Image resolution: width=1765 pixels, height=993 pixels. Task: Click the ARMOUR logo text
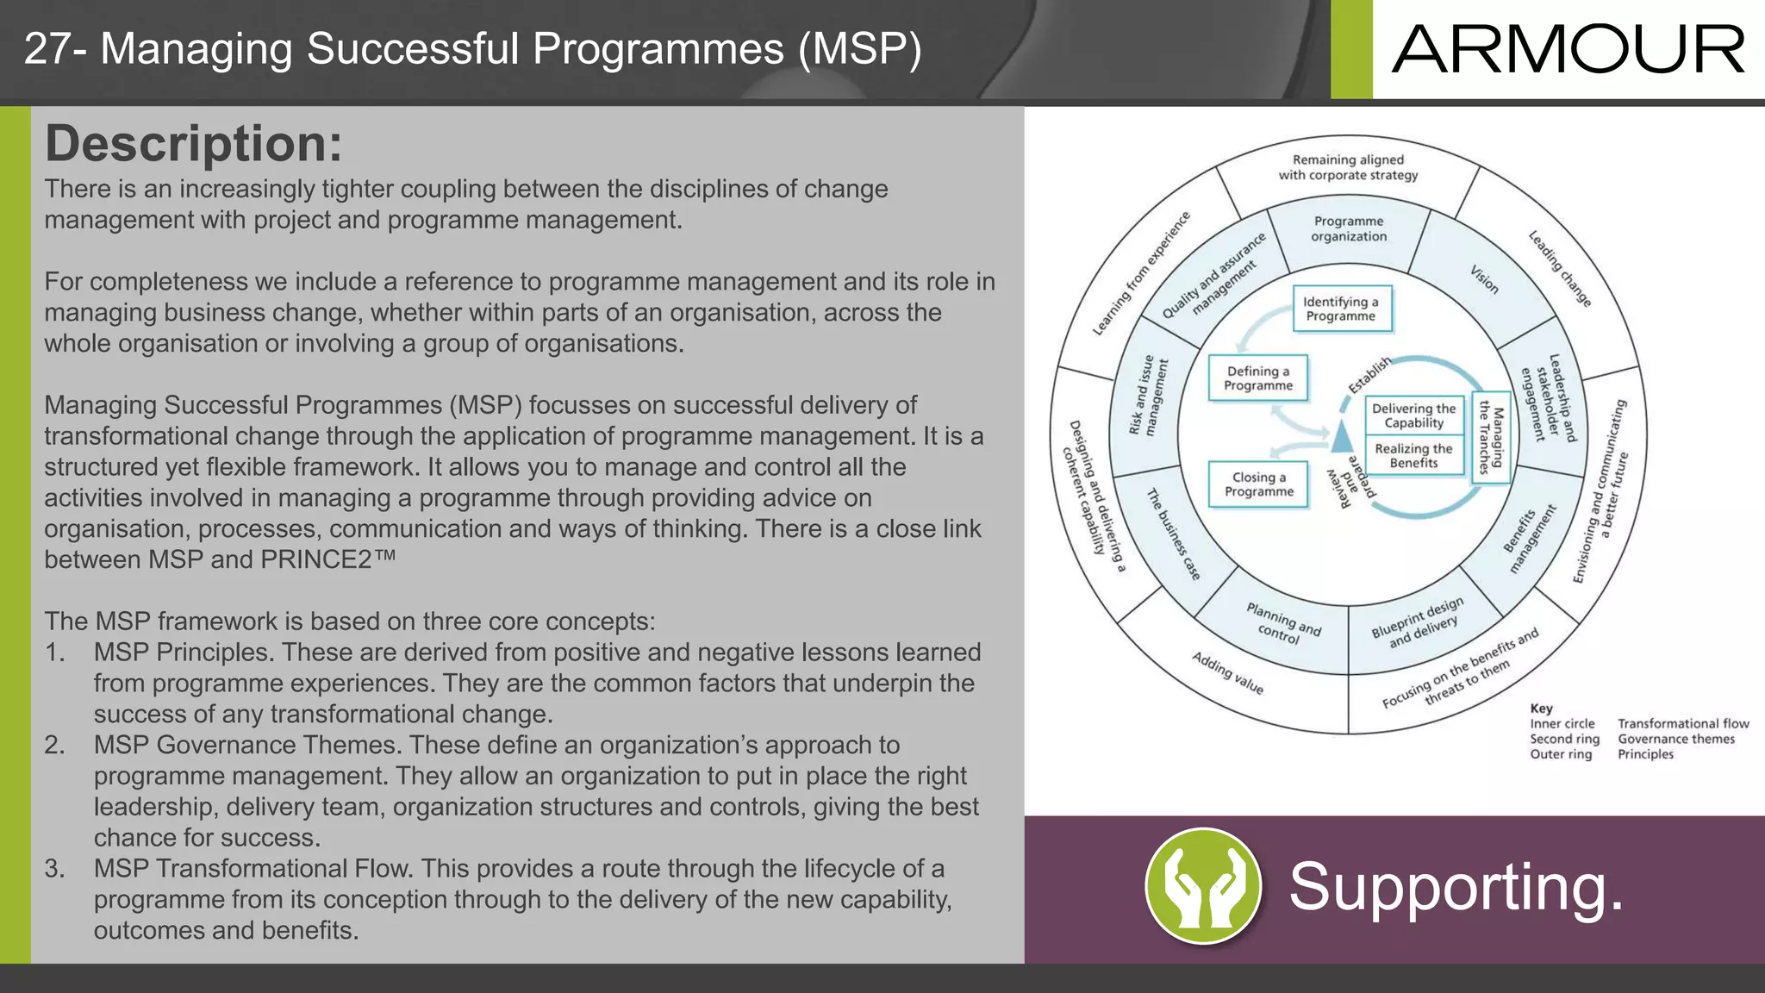coord(1568,49)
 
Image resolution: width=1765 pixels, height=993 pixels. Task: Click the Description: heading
coord(194,143)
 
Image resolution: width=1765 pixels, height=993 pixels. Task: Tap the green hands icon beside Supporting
coord(1203,886)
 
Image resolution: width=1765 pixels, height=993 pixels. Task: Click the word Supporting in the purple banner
coord(1456,887)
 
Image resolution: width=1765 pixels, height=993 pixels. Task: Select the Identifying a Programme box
coord(1342,309)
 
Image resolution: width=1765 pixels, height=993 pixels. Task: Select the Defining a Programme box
coord(1258,378)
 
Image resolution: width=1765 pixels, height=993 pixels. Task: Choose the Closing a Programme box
coord(1259,484)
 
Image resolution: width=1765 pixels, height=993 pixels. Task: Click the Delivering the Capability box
coord(1413,415)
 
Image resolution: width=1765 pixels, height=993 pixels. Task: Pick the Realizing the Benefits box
coord(1413,455)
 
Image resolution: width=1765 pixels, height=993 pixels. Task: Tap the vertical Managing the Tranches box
coord(1491,437)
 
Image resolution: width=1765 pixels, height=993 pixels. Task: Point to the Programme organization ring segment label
coord(1349,229)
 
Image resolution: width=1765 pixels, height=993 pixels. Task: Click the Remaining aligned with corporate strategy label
coord(1348,167)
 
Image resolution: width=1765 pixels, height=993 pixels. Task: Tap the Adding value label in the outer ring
coord(1228,673)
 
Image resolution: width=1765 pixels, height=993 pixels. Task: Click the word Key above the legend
coord(1541,708)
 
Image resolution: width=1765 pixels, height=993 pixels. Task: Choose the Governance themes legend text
coord(1675,739)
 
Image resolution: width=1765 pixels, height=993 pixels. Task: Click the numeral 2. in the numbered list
coord(54,745)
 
